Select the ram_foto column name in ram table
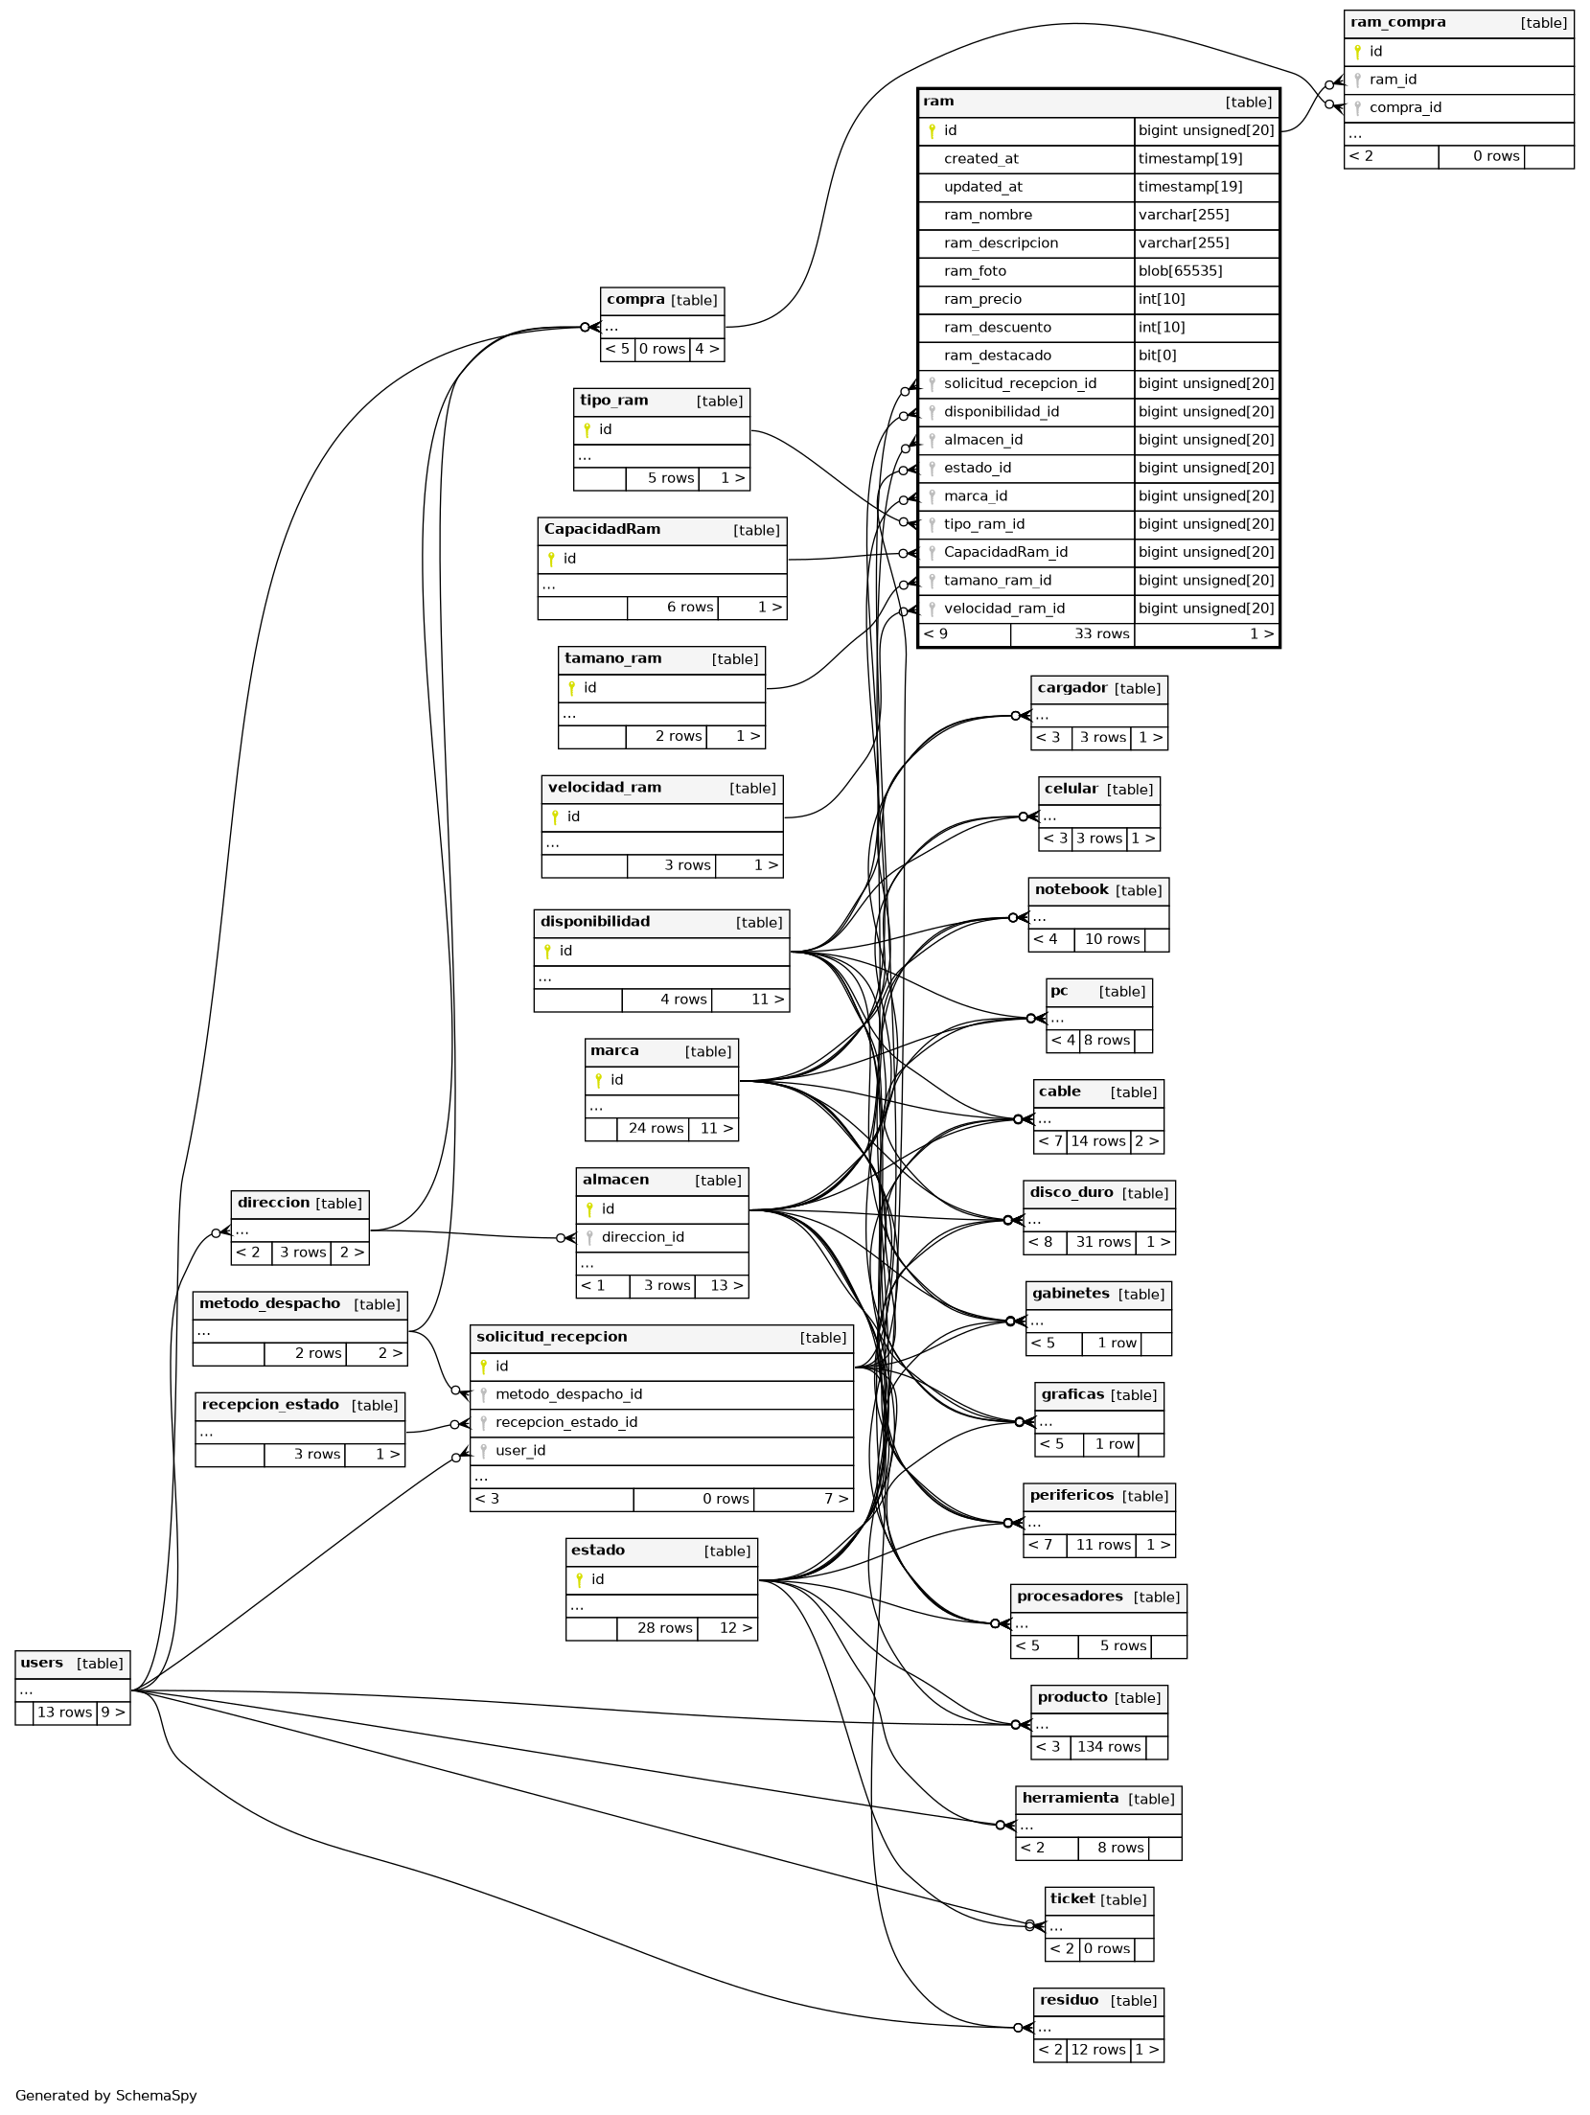coord(975,271)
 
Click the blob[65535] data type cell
coord(1180,271)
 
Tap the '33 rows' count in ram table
coord(1101,633)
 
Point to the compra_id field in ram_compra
coord(1405,107)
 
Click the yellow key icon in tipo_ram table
coord(587,429)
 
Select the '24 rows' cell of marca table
coord(656,1128)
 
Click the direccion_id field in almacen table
coord(642,1237)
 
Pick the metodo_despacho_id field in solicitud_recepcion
coord(568,1394)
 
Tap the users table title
coord(42,1663)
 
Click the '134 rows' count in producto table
coord(1108,1747)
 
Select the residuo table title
coord(1069,2000)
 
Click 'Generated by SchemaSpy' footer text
coord(106,2095)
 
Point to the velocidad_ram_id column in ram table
coord(1003,609)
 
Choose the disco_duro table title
coord(1072,1192)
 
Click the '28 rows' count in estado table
coord(664,1628)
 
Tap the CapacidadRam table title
coord(602,529)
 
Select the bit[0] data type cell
coord(1158,356)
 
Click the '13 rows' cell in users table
coord(64,1713)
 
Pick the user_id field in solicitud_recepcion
coord(520,1451)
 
